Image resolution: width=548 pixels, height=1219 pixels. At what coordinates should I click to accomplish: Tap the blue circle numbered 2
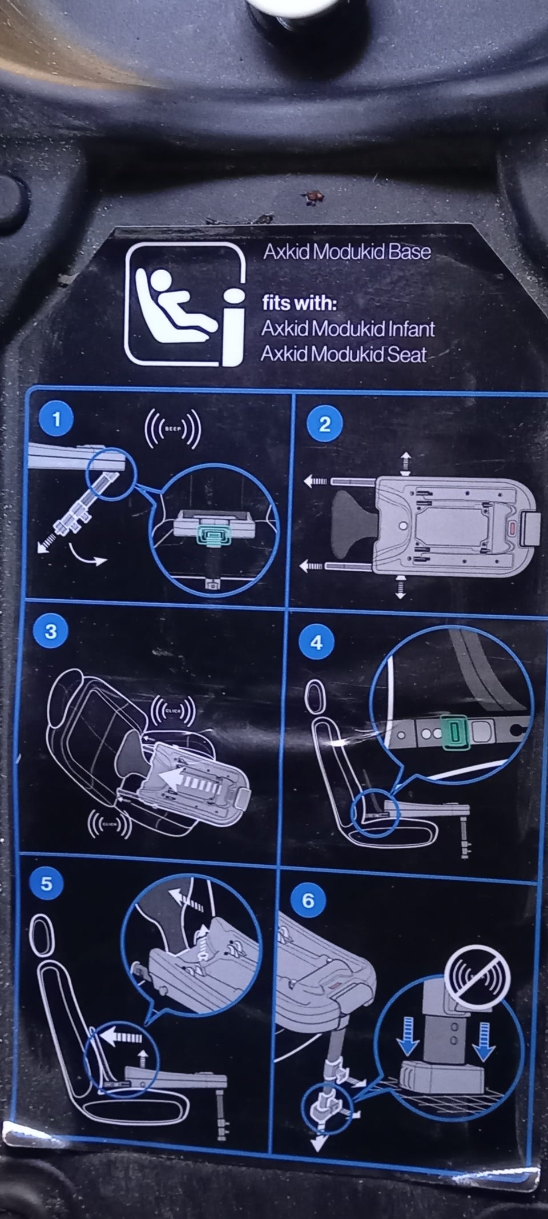coord(324,424)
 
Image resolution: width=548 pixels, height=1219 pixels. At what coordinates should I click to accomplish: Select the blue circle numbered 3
coord(50,632)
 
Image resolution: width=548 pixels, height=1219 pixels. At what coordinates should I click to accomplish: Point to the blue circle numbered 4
coord(316,643)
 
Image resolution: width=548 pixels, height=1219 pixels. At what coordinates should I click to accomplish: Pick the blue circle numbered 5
coord(46,884)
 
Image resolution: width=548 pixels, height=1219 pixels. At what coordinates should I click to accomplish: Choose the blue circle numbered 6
coord(308,901)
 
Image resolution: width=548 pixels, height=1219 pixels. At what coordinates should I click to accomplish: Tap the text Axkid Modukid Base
coord(346,252)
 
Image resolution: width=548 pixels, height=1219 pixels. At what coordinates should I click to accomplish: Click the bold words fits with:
coord(299,303)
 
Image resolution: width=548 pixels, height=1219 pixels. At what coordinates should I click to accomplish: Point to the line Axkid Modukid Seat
coord(344,354)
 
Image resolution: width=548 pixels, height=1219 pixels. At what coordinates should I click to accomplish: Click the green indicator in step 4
coord(454,733)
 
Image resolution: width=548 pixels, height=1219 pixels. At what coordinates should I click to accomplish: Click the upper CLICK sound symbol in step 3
coord(174,711)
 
